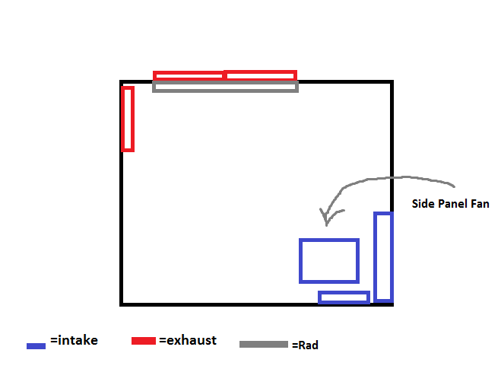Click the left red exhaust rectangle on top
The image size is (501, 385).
(189, 75)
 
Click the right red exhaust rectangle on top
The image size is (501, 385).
(260, 75)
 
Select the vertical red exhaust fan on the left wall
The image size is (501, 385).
(128, 119)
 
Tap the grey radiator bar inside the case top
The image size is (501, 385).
(225, 87)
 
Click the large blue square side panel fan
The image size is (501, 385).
(328, 261)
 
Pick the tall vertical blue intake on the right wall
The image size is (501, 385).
(383, 256)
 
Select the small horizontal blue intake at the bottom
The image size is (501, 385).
(344, 297)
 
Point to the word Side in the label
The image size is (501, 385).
(422, 204)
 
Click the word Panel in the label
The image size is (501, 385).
(451, 204)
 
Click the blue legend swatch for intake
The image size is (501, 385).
(36, 345)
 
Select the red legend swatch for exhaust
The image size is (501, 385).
(144, 339)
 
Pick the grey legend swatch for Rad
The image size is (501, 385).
(264, 345)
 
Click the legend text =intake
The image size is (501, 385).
(74, 341)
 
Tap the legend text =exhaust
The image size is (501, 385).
(188, 340)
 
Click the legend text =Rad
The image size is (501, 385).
(305, 345)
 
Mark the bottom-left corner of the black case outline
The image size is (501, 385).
(122, 304)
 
